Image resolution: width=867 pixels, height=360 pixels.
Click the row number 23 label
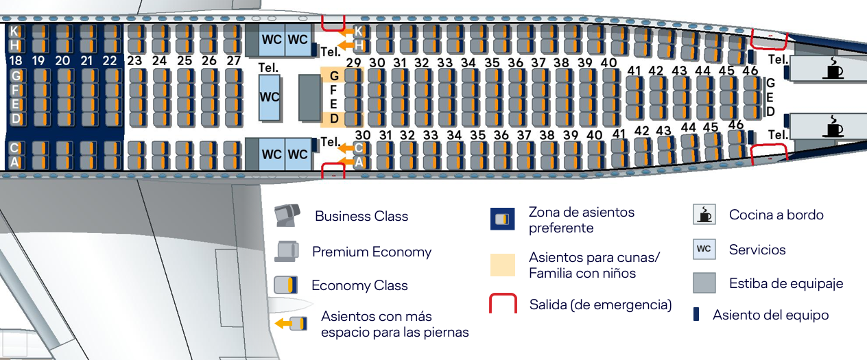pos(134,60)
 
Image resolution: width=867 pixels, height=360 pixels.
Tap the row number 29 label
pos(354,63)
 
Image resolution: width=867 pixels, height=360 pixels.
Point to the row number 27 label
pos(234,60)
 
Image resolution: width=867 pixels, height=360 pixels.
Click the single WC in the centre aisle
pos(270,97)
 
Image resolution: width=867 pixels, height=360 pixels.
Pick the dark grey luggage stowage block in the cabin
pos(309,97)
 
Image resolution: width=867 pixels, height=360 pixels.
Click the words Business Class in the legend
pos(361,217)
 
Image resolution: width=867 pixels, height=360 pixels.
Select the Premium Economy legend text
pos(372,252)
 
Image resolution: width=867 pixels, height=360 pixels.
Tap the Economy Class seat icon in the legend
pos(286,285)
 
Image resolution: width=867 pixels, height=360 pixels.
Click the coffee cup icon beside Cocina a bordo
pos(704,215)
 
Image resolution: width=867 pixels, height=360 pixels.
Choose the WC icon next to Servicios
pos(704,249)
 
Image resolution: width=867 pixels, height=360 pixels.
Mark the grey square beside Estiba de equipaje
pos(704,283)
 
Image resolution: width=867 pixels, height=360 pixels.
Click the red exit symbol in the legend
pos(503,304)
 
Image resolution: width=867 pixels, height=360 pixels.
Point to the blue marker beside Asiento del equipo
pos(696,315)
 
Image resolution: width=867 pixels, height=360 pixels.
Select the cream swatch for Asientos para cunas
pos(503,265)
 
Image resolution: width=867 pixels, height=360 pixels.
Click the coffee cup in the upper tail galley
pos(834,69)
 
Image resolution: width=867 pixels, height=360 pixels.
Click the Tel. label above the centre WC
pos(268,68)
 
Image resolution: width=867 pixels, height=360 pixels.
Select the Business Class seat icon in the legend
pos(287,216)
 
